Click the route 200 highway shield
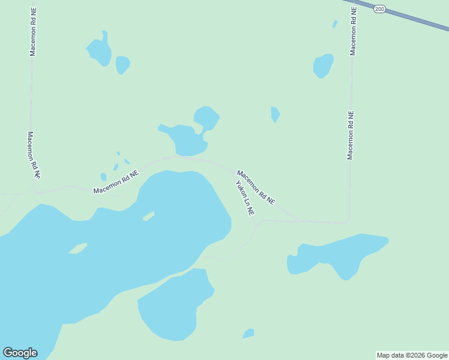(x=379, y=9)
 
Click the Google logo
(x=20, y=353)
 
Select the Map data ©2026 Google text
(x=412, y=355)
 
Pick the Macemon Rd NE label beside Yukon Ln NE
(x=256, y=187)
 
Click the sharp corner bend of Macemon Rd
(x=348, y=220)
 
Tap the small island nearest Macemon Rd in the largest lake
(x=148, y=216)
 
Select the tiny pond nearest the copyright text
(x=249, y=334)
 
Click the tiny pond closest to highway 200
(x=335, y=25)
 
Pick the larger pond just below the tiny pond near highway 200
(x=323, y=65)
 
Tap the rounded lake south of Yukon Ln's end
(x=174, y=306)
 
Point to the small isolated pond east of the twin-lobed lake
(x=275, y=113)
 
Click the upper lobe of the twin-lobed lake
(x=206, y=117)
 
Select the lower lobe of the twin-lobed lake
(x=187, y=141)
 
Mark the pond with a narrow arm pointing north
(x=100, y=51)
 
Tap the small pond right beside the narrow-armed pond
(x=122, y=64)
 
